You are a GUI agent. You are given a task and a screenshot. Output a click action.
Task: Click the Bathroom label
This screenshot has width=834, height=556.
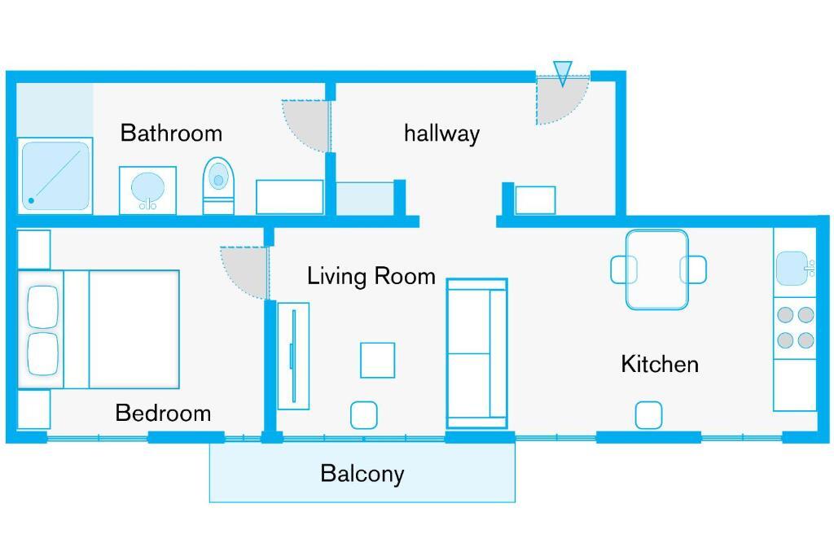(x=171, y=133)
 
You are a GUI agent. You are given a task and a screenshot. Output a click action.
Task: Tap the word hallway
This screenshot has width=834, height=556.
(x=441, y=133)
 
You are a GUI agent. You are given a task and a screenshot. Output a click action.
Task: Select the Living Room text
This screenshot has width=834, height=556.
(x=371, y=277)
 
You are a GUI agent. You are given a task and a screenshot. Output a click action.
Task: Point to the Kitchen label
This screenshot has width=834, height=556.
(x=660, y=364)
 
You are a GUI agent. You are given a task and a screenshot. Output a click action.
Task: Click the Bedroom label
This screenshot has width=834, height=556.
(x=163, y=413)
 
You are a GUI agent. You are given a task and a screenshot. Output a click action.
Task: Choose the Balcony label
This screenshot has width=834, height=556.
(x=362, y=474)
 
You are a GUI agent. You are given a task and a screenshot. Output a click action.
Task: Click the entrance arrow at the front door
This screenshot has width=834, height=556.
(x=562, y=73)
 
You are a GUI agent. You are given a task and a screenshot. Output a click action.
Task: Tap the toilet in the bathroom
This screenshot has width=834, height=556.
(x=218, y=186)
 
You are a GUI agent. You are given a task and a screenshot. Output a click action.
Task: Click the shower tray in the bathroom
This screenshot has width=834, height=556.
(x=55, y=175)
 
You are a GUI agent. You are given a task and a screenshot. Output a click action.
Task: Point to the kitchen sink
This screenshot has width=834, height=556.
(x=792, y=269)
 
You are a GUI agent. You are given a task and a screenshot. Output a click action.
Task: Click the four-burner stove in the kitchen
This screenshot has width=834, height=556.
(x=795, y=327)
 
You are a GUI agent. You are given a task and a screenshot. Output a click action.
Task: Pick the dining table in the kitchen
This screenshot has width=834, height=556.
(x=657, y=269)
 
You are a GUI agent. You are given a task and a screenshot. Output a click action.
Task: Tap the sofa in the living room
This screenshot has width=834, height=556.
(x=477, y=353)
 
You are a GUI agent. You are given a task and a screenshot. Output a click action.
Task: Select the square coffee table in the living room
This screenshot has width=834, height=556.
(x=378, y=361)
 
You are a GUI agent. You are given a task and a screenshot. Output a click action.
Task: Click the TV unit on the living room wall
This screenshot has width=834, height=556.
(x=293, y=356)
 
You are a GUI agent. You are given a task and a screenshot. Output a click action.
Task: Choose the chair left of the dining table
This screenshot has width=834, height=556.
(x=623, y=269)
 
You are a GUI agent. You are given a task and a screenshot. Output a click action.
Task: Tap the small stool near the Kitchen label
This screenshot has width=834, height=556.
(x=649, y=415)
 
